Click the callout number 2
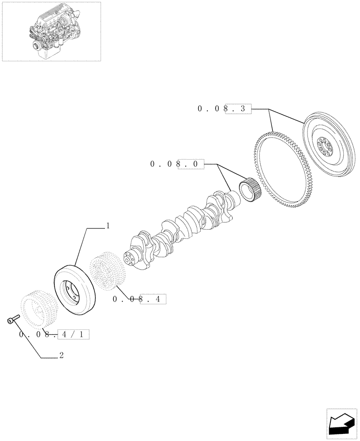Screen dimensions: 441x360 click(x=61, y=355)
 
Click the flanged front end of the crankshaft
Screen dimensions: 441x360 click(x=131, y=258)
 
